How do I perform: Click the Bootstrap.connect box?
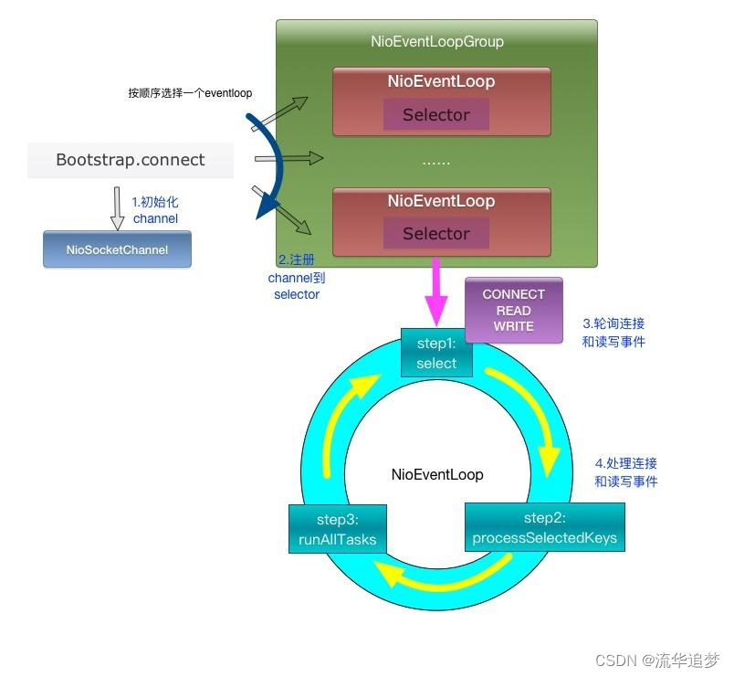click(131, 160)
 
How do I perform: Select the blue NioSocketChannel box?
click(117, 249)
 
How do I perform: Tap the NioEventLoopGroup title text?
click(436, 42)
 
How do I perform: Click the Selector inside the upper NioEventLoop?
click(435, 115)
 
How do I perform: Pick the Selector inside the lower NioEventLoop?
click(435, 234)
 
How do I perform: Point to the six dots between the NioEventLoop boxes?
click(436, 163)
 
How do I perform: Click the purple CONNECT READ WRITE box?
click(513, 311)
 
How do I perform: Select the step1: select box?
click(436, 354)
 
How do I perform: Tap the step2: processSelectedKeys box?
click(544, 528)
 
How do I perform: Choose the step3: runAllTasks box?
click(337, 529)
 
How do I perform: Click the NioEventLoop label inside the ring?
click(437, 475)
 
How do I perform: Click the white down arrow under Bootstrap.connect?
click(117, 207)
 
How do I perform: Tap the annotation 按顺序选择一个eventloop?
click(190, 93)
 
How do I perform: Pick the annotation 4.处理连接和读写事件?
click(625, 472)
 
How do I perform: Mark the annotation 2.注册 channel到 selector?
click(297, 278)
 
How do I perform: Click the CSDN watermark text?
click(657, 660)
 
